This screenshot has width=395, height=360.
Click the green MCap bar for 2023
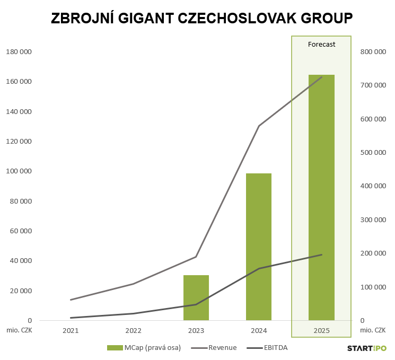pyautogui.click(x=196, y=297)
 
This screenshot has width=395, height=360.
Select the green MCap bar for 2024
pyautogui.click(x=259, y=247)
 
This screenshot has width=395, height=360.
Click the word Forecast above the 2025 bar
pyautogui.click(x=322, y=45)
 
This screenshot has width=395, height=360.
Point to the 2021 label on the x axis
pyautogui.click(x=71, y=330)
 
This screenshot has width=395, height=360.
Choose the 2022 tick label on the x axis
pyautogui.click(x=133, y=330)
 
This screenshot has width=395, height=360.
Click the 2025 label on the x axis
pyautogui.click(x=321, y=330)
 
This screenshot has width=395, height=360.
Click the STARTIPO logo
pyautogui.click(x=367, y=348)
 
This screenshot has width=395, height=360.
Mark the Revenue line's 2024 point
pyautogui.click(x=259, y=126)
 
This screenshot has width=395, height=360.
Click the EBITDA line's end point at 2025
pyautogui.click(x=322, y=255)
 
